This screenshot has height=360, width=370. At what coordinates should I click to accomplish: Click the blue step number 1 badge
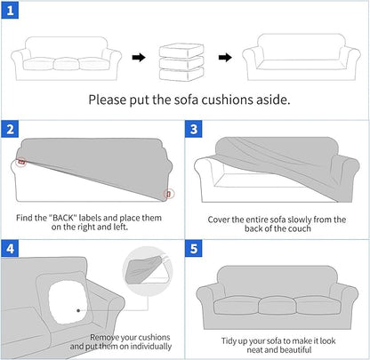click(10, 11)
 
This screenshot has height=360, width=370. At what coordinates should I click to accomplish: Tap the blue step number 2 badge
click(10, 128)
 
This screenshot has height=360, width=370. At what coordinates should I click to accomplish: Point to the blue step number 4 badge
click(10, 246)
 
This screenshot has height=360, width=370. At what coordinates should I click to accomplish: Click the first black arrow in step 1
click(139, 58)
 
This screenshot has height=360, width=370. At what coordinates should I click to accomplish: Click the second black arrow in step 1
click(226, 58)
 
